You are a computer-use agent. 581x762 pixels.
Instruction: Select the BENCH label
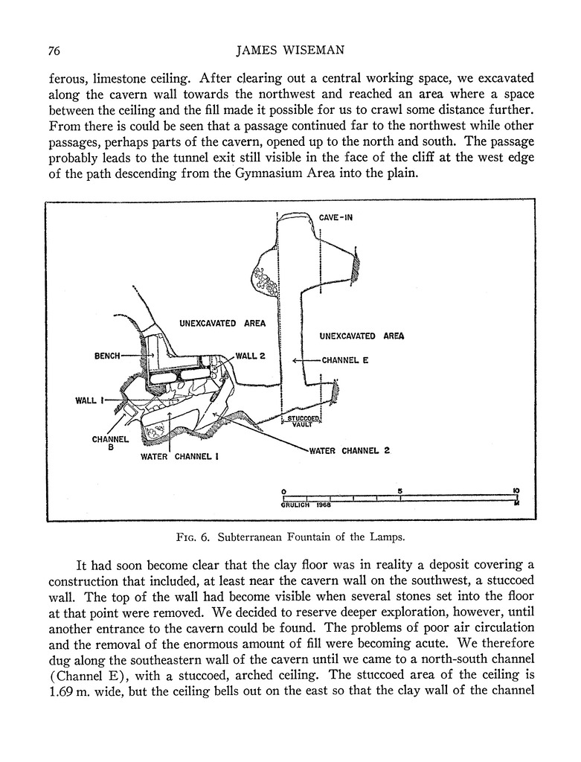(x=107, y=356)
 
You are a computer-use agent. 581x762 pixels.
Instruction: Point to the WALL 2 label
(x=251, y=356)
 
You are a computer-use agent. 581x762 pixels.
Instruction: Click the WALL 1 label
(x=87, y=401)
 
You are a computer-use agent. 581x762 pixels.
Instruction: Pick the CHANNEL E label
(x=345, y=360)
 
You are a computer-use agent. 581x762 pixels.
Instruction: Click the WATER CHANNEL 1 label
(x=179, y=457)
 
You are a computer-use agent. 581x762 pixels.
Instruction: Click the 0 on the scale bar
(x=283, y=491)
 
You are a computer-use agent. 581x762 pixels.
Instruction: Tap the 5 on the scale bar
(x=400, y=491)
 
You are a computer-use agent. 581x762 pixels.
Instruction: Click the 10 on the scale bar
(x=516, y=491)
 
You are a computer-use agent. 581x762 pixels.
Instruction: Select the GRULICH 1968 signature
(x=306, y=505)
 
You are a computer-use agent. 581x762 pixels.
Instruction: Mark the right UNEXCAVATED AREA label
(x=362, y=336)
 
